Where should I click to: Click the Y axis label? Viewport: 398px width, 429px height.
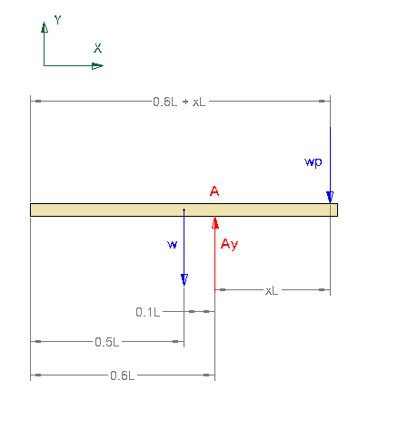coord(57,20)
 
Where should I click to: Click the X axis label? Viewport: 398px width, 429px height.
coord(97,48)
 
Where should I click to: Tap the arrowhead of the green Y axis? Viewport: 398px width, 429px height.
coord(45,27)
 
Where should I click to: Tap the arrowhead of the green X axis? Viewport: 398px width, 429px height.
coord(97,65)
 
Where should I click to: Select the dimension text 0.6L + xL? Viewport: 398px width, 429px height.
coord(179,102)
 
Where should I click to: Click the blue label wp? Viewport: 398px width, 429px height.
coord(313,162)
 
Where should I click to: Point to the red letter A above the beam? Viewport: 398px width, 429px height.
coord(214,191)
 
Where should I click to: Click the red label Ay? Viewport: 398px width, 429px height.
coord(229,244)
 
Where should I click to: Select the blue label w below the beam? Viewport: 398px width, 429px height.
coord(173,244)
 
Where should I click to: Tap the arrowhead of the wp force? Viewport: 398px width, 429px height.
coord(330,197)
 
